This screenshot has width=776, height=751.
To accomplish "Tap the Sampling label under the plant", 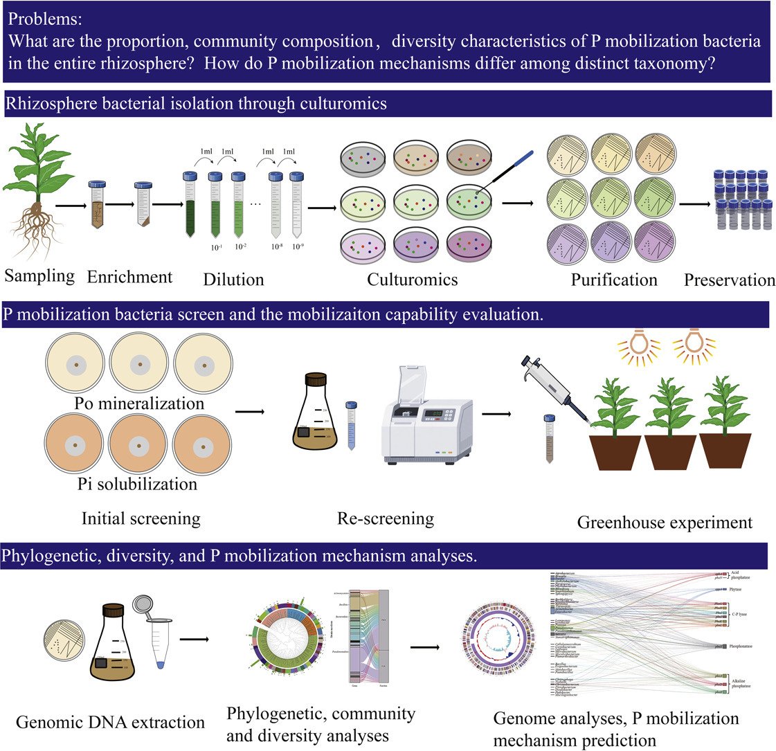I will point(39,275).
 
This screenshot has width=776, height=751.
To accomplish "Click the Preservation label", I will point(730,280).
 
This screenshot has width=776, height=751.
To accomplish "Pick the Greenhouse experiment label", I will point(665,523).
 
